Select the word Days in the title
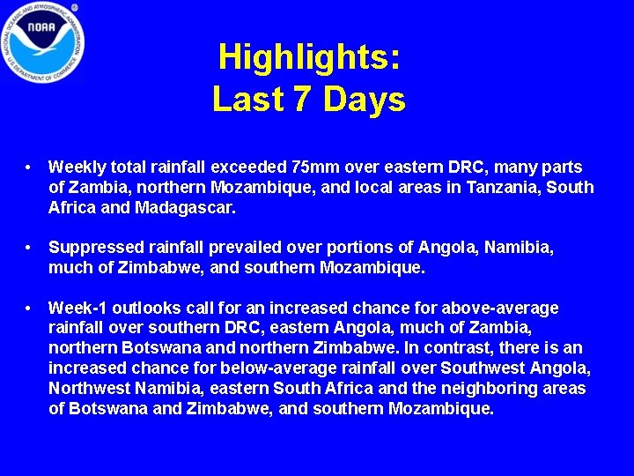364,100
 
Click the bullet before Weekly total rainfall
30,167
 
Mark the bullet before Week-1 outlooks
30,309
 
